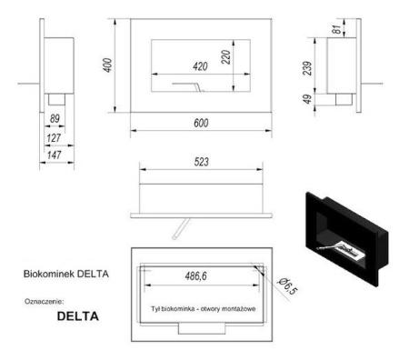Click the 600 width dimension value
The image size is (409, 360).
[201, 123]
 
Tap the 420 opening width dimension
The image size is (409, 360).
[201, 65]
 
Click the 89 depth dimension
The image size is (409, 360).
[55, 119]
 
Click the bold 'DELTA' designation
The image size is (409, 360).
[77, 316]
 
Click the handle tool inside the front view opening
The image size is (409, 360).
[187, 86]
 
